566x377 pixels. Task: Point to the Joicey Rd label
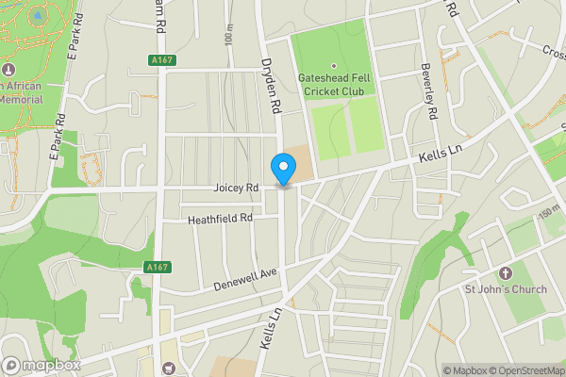click(x=236, y=188)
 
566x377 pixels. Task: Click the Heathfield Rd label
click(x=220, y=218)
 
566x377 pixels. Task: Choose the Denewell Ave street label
click(x=245, y=278)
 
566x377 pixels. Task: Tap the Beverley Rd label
click(x=432, y=98)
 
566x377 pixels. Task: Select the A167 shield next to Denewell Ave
click(x=158, y=268)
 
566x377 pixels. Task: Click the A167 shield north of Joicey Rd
click(x=162, y=60)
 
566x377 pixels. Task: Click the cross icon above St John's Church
click(x=505, y=273)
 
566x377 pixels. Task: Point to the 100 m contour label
click(x=229, y=35)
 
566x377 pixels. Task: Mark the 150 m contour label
click(x=548, y=217)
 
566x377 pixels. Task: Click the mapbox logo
click(x=40, y=365)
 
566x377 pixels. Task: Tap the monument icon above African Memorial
click(x=9, y=70)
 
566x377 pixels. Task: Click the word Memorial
click(x=21, y=98)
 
